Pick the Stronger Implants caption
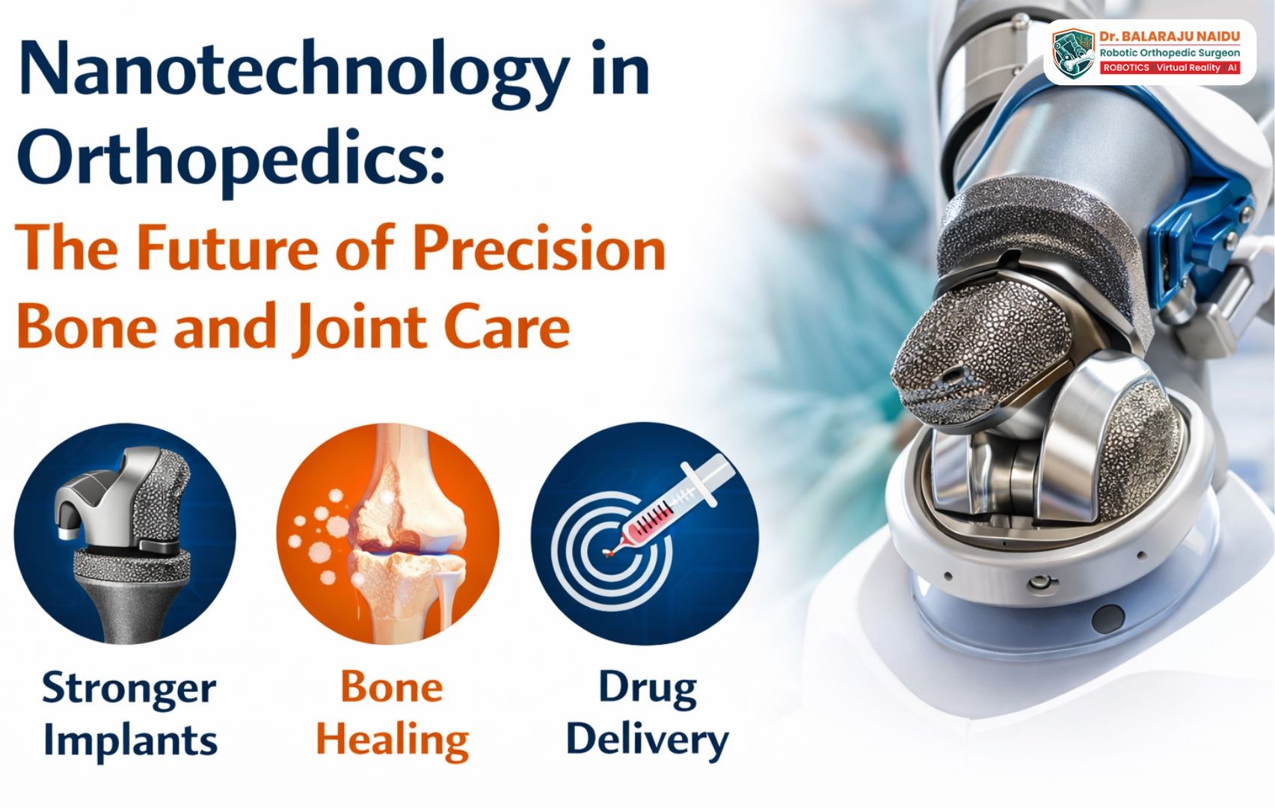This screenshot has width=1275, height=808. (130, 714)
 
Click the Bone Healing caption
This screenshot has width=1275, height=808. (392, 714)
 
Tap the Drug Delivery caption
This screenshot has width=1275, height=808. (647, 714)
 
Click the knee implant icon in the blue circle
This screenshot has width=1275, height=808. (126, 534)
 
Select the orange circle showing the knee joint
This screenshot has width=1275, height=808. (388, 534)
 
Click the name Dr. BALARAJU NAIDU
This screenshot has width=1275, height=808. (1169, 37)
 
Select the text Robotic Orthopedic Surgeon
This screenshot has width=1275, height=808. (1169, 52)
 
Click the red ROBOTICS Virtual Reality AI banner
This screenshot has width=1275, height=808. (1169, 68)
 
